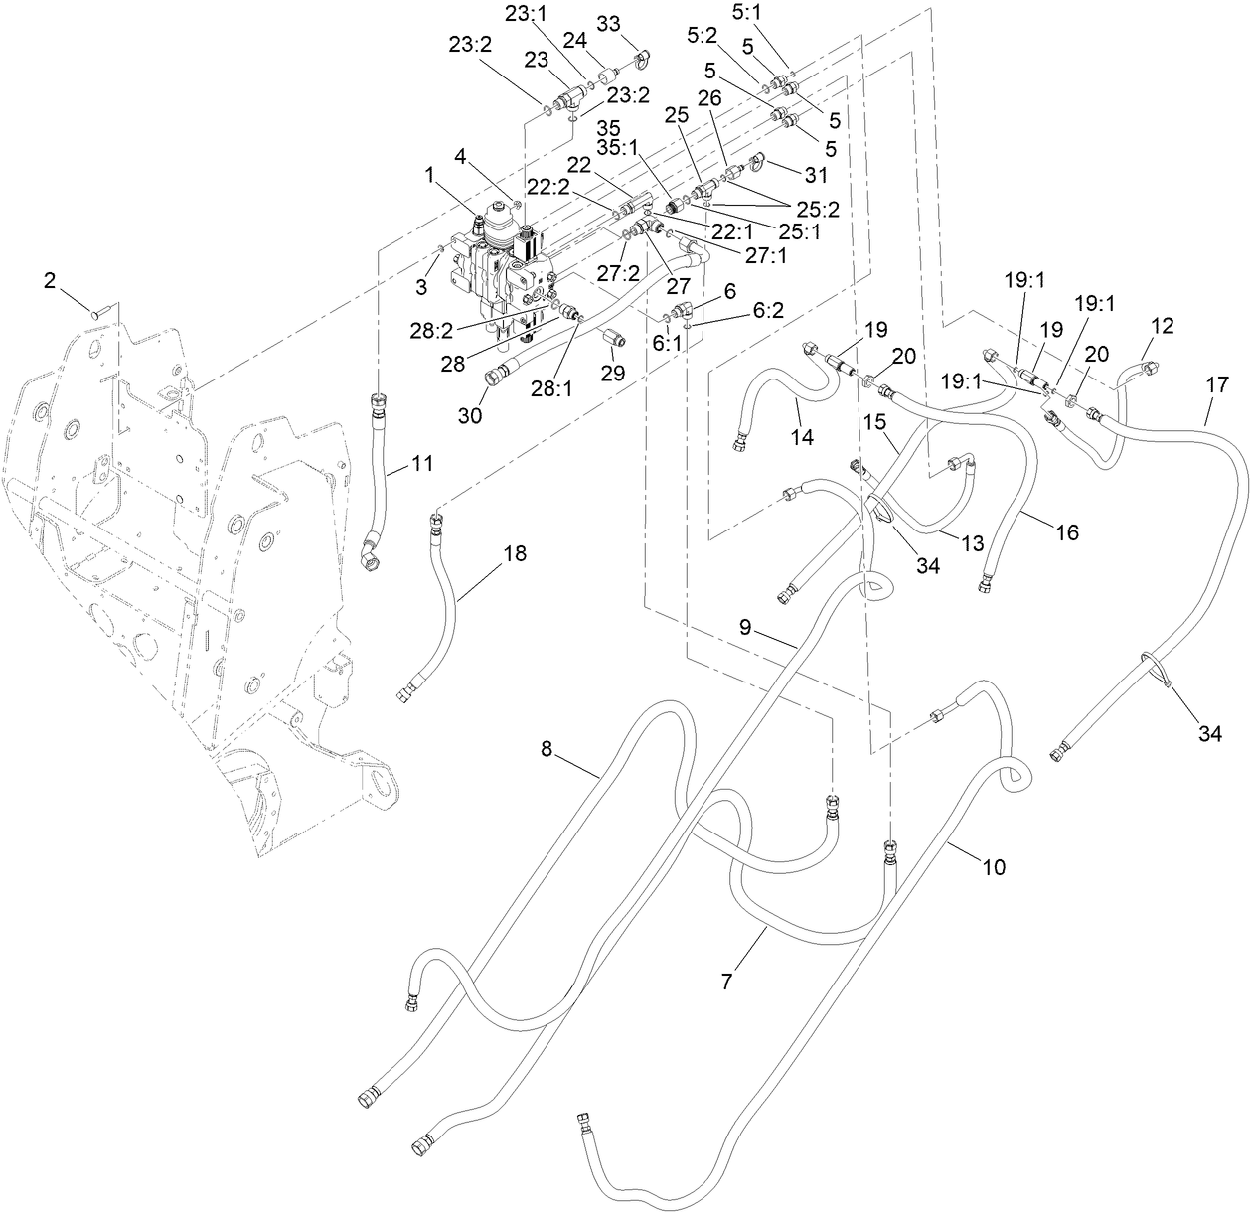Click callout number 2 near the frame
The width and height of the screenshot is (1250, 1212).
click(49, 281)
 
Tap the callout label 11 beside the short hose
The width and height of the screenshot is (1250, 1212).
click(423, 462)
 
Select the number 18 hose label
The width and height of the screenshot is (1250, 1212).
click(516, 553)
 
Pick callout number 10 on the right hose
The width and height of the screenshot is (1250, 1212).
click(993, 867)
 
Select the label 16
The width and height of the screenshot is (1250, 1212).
click(1066, 532)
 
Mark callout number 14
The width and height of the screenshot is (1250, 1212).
click(802, 436)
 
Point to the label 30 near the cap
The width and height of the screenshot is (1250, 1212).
click(470, 415)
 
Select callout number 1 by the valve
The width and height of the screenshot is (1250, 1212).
click(428, 175)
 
